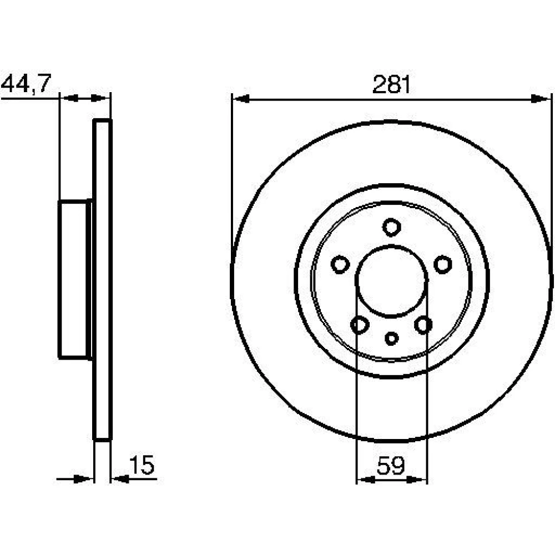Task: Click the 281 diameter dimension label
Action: click(x=391, y=84)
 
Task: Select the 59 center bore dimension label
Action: click(x=390, y=466)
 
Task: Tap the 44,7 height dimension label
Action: click(x=27, y=84)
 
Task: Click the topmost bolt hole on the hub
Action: click(x=391, y=227)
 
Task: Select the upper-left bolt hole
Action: click(x=340, y=264)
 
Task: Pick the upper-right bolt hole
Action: click(x=442, y=264)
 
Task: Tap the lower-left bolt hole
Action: click(x=360, y=325)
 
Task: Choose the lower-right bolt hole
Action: click(x=423, y=325)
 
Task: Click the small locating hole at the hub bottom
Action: click(x=391, y=339)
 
